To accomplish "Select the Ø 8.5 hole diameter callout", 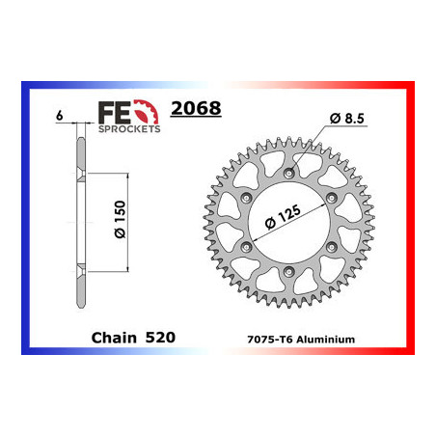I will pos(345,118).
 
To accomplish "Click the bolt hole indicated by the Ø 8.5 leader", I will pos(290,174).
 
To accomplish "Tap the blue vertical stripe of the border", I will pos(25,222).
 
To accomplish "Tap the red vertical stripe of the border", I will pos(410,222).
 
